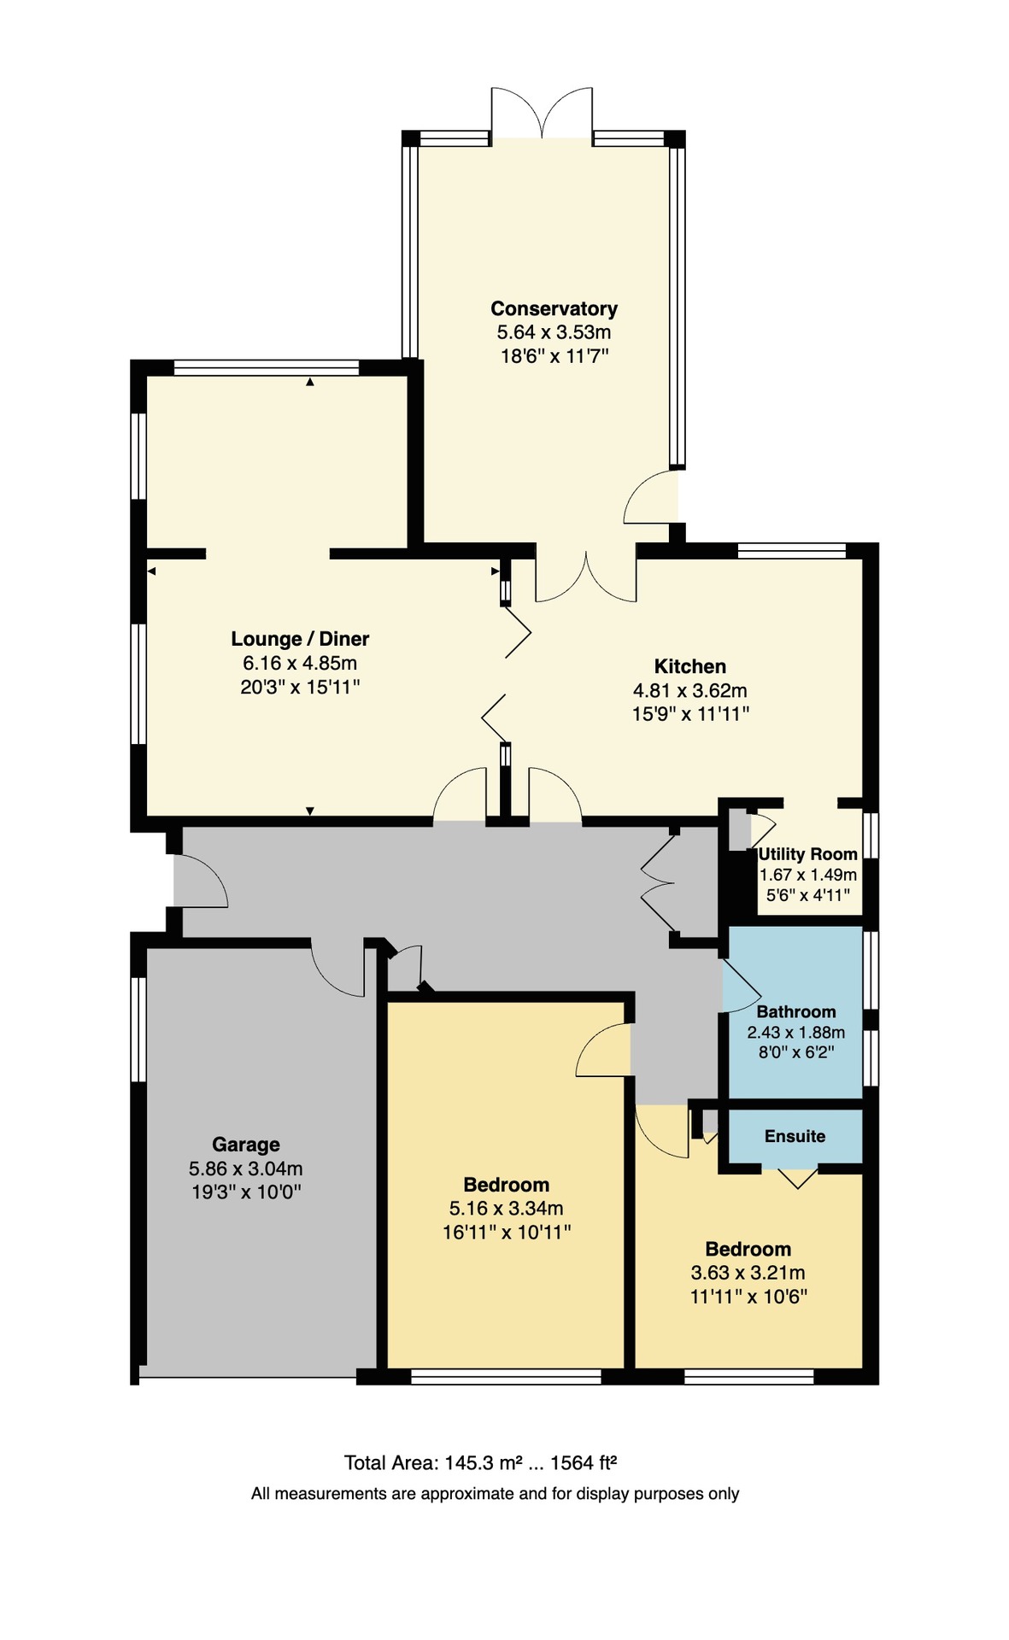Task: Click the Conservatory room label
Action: click(554, 308)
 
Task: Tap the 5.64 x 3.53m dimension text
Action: click(554, 332)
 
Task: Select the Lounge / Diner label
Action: click(300, 639)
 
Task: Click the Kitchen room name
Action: click(690, 666)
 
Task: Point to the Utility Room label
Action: click(807, 854)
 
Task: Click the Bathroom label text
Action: click(796, 1011)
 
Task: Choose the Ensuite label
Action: click(795, 1136)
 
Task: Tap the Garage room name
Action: click(246, 1145)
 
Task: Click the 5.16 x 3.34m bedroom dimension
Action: click(506, 1209)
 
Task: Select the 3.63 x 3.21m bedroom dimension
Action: click(748, 1273)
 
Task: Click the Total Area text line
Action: click(480, 1463)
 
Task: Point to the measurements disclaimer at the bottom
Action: click(495, 1494)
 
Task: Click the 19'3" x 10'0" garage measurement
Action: click(246, 1192)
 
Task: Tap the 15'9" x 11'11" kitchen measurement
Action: click(690, 714)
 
